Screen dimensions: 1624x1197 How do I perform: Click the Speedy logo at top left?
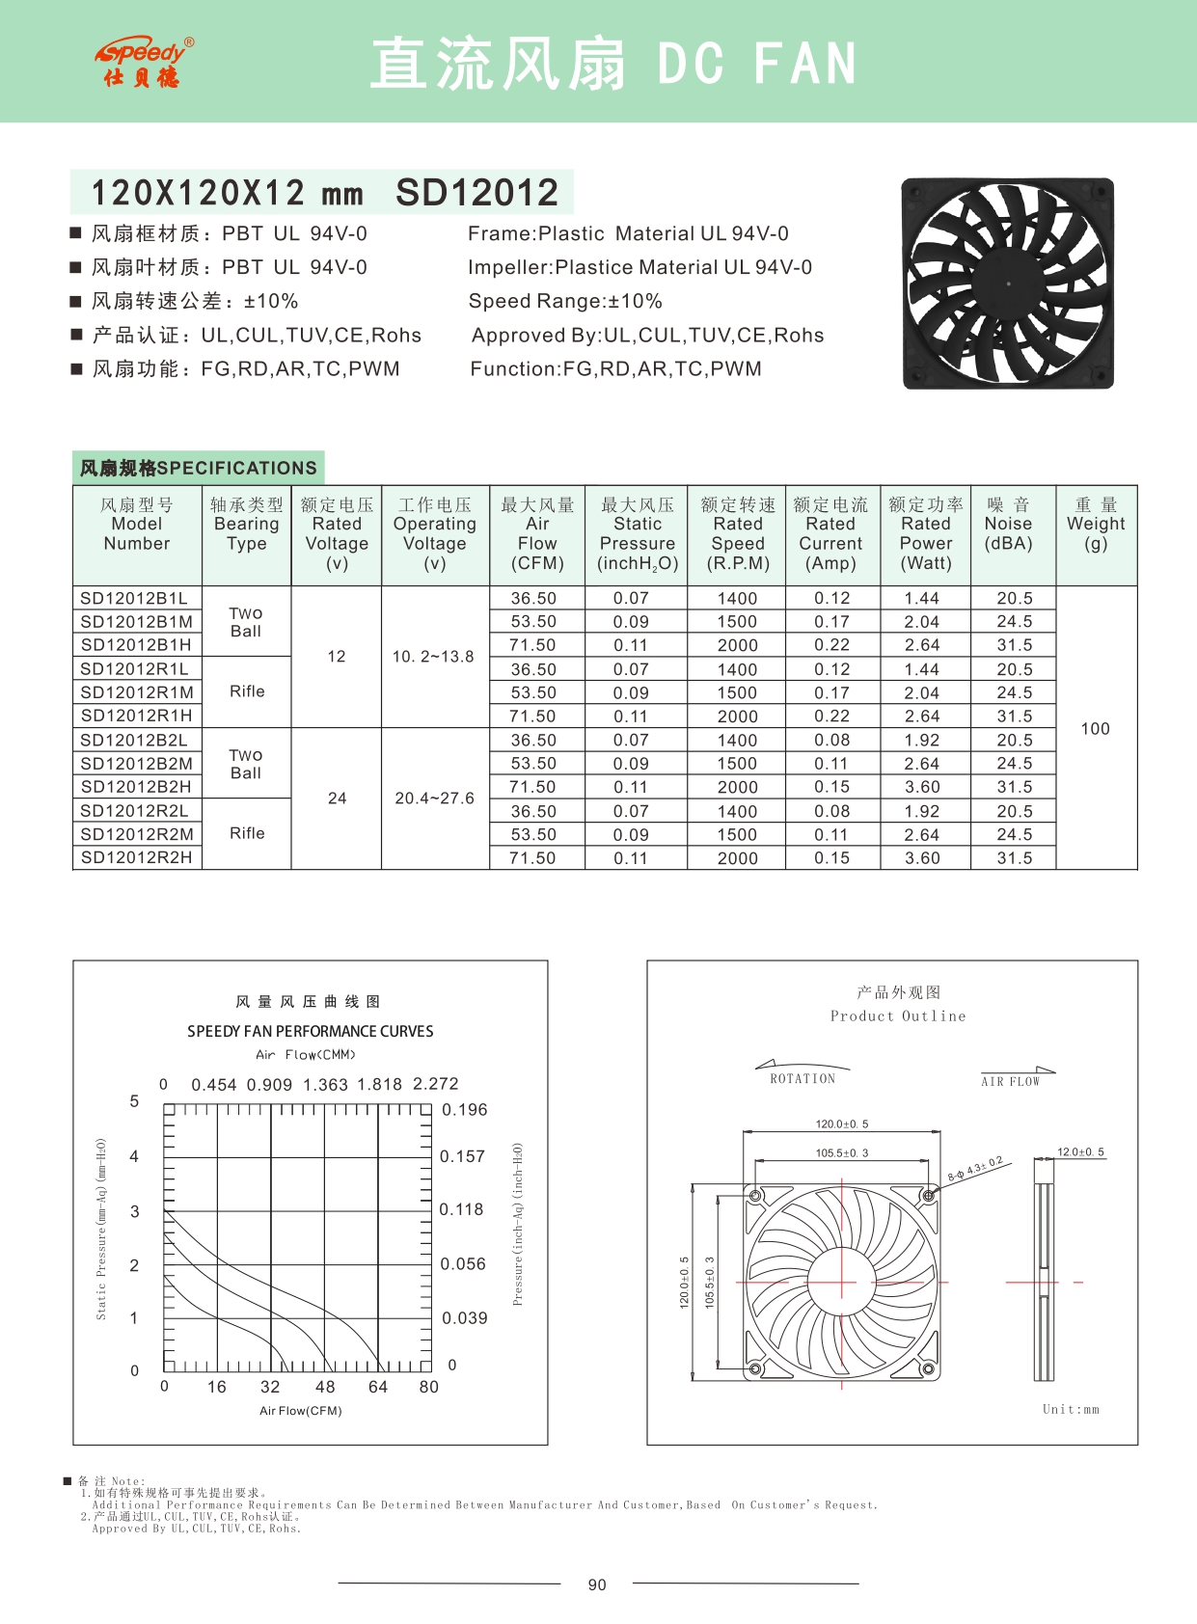[144, 62]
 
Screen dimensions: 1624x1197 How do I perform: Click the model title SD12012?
[476, 193]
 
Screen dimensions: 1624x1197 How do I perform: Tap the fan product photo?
[1008, 284]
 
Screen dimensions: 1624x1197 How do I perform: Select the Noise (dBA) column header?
[1008, 525]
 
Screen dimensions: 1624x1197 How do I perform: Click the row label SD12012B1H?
[136, 645]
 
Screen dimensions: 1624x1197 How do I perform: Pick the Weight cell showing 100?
[1095, 729]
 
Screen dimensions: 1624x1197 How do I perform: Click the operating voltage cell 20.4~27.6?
[434, 798]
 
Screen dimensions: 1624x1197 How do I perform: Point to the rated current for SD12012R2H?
[831, 858]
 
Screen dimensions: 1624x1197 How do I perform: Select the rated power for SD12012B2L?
[922, 741]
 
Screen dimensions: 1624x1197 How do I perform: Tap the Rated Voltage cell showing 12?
[337, 657]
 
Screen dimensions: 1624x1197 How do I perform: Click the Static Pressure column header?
[638, 534]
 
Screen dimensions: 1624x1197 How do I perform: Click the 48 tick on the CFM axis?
[325, 1387]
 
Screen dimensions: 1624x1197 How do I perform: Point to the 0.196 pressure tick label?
[465, 1110]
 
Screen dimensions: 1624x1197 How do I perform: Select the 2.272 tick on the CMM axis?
[436, 1084]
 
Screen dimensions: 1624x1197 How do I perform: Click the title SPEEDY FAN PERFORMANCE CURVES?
[311, 1031]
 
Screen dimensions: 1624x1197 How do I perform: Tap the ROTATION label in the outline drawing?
[803, 1079]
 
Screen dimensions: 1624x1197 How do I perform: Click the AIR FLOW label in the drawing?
[1011, 1082]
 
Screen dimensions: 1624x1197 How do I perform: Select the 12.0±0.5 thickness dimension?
[1080, 1152]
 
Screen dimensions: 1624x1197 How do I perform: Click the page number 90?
[597, 1584]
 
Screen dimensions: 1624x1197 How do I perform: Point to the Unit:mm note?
[1071, 1409]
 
